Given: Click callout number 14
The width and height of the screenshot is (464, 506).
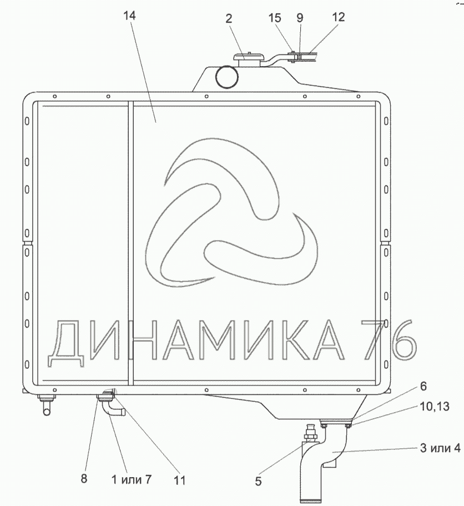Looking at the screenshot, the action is click(129, 15).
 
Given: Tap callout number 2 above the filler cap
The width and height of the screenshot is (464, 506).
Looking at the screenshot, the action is click(229, 18).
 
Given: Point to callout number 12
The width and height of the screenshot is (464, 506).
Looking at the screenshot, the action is click(338, 17).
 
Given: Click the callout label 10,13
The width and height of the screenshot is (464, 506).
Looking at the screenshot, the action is click(435, 406).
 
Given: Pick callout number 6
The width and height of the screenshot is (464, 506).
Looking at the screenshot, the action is click(423, 386).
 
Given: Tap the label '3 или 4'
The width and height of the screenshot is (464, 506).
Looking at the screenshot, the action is click(440, 448).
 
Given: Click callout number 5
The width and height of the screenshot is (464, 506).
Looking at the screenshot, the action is click(258, 481).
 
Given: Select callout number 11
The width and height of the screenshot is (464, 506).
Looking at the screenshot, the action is click(180, 480).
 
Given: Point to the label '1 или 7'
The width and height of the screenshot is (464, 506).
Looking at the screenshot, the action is click(131, 479).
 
